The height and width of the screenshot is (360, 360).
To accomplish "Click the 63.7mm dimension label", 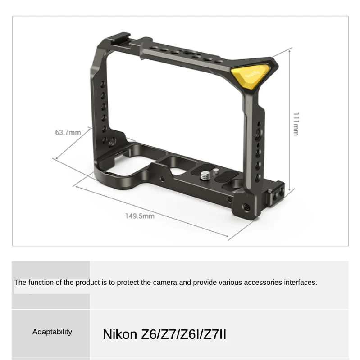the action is click(x=68, y=132).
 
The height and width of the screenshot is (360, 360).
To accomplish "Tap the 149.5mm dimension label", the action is click(x=140, y=216).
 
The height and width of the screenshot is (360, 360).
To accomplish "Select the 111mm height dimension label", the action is click(x=296, y=124).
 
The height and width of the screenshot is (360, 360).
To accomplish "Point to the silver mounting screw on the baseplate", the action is click(x=204, y=176).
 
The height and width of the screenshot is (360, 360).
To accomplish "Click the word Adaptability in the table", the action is click(x=52, y=332).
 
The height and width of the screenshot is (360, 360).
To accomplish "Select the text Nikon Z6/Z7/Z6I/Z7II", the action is click(x=164, y=334).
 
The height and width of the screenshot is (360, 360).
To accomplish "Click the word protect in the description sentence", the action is click(x=128, y=283).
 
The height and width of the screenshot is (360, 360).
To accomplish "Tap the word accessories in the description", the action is click(x=263, y=283).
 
